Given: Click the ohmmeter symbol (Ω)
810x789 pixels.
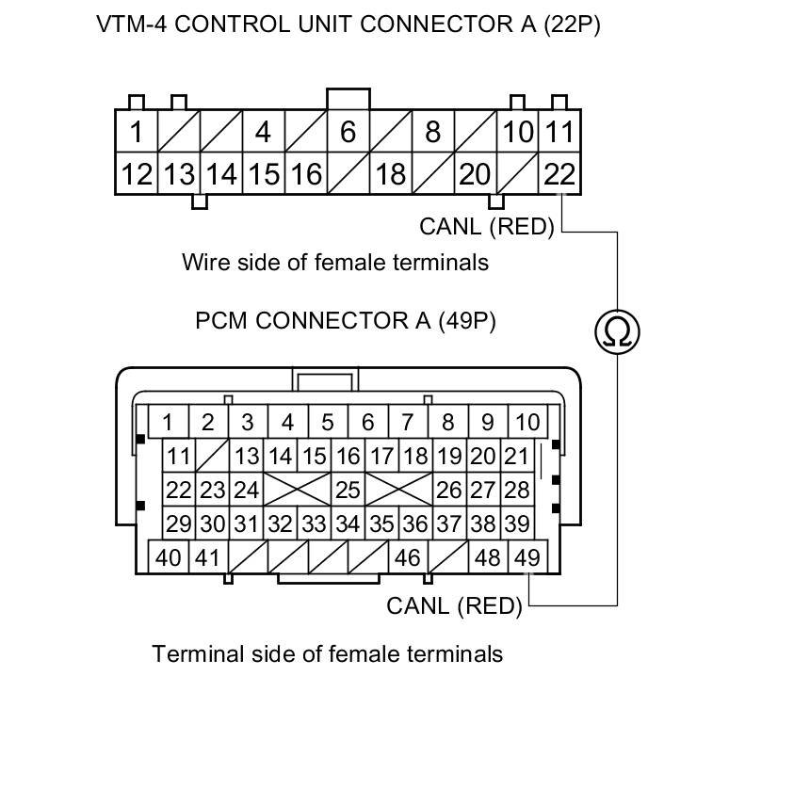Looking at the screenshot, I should tap(617, 330).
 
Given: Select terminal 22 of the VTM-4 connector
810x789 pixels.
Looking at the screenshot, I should tap(559, 174).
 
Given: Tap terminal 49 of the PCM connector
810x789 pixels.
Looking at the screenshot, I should tap(527, 557).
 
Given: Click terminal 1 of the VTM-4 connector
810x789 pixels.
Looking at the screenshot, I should tap(137, 132).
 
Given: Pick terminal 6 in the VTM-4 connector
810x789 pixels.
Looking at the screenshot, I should tap(348, 132).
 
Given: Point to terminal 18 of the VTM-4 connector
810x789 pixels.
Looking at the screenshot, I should tap(390, 174).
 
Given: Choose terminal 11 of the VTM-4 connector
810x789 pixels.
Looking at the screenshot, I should tap(559, 132).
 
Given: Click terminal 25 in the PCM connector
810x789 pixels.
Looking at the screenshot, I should tap(348, 491).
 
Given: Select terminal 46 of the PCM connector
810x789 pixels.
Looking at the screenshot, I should tap(407, 557).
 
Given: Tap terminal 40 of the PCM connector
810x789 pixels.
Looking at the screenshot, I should tap(169, 557).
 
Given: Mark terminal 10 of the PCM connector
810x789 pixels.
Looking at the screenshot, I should tap(527, 422).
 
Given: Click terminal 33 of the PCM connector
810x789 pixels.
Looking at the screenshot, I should tap(314, 523).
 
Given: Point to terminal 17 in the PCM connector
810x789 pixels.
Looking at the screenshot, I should tap(381, 458).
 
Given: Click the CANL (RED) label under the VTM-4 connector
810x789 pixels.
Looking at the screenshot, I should tap(487, 226).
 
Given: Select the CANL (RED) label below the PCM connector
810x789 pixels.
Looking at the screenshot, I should tap(454, 605).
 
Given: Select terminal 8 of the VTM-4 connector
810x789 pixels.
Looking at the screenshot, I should tap(432, 132).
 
